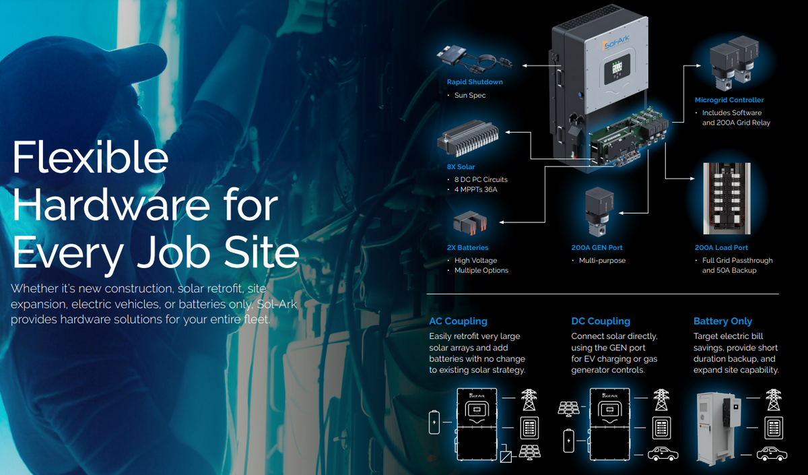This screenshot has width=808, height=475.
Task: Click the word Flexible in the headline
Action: pyautogui.click(x=90, y=158)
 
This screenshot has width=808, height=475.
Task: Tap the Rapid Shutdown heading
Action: pyautogui.click(x=475, y=82)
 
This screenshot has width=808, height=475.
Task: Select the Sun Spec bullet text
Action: pyautogui.click(x=470, y=95)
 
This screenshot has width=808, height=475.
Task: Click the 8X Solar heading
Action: pyautogui.click(x=461, y=167)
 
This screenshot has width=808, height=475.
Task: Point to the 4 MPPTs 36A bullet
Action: pyautogui.click(x=475, y=189)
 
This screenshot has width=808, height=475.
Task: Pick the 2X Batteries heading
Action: pyautogui.click(x=467, y=248)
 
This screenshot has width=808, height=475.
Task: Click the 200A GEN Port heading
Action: pyautogui.click(x=597, y=248)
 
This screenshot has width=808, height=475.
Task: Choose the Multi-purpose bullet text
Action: pyautogui.click(x=602, y=260)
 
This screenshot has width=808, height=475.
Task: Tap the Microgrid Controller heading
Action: pyautogui.click(x=729, y=100)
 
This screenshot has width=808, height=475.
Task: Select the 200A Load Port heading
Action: pyautogui.click(x=721, y=248)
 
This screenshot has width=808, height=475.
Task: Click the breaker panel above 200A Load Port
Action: pyautogui.click(x=727, y=199)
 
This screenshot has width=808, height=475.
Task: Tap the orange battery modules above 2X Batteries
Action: pyautogui.click(x=471, y=222)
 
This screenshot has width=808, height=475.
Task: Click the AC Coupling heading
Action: pyautogui.click(x=458, y=321)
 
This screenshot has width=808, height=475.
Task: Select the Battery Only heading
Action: pyautogui.click(x=722, y=321)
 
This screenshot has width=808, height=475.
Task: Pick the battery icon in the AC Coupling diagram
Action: pyautogui.click(x=434, y=422)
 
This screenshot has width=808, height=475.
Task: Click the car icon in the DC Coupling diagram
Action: pyautogui.click(x=663, y=453)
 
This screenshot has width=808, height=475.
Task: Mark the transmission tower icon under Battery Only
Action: pyautogui.click(x=774, y=400)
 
